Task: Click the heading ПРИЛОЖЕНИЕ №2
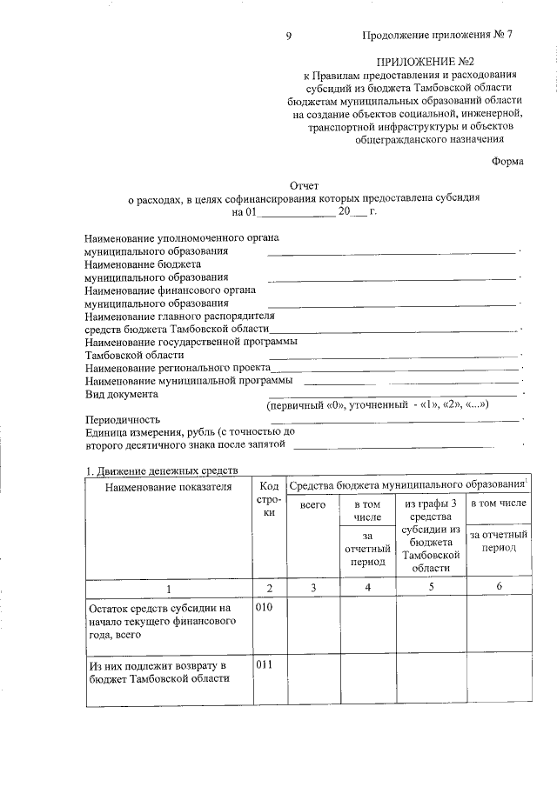point(426,62)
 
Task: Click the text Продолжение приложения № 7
point(438,36)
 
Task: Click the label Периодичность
point(124,419)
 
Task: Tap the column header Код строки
point(270,500)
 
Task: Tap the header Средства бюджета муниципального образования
point(406,484)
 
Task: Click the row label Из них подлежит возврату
point(158,672)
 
